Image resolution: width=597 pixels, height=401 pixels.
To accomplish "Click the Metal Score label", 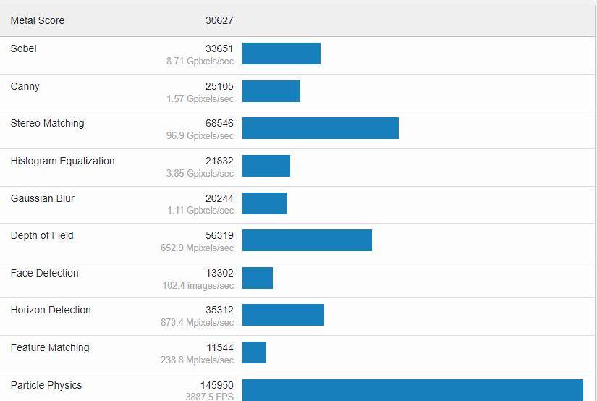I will coord(38,20).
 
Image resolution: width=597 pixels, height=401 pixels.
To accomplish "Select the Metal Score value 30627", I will coord(219,20).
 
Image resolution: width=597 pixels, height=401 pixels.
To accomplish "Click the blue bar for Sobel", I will coord(281,54).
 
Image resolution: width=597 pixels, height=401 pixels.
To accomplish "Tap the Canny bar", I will coord(271,91).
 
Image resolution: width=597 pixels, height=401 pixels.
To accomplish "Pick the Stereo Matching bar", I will coord(321,128).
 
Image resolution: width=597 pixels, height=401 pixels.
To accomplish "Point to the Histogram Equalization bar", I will coord(266,166).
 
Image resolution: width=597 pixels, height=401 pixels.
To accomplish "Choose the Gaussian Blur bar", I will coord(264,203).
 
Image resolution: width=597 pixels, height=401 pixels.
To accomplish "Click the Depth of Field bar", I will coord(307,240).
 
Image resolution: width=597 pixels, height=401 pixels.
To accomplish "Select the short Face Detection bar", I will coord(258,278).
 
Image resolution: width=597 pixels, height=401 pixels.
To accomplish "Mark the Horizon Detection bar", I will coord(283,315).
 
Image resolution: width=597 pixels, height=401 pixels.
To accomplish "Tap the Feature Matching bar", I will coord(254,353).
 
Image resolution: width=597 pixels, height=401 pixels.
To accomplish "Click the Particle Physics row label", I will coord(46,385).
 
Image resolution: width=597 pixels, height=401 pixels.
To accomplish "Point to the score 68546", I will coord(219,123).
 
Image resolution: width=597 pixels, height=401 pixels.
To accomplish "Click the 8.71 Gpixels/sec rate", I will coord(200,62).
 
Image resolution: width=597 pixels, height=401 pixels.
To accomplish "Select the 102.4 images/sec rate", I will coord(198,285).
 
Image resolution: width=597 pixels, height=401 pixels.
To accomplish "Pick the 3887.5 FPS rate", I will coord(209,397).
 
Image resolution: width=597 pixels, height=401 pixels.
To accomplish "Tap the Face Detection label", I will coord(45,273).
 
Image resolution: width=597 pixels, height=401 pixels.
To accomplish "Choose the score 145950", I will coord(217,385).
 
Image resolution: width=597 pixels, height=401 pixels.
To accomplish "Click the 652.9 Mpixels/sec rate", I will coord(198,248).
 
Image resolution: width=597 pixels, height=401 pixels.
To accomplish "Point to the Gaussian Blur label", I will coord(43,198).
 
